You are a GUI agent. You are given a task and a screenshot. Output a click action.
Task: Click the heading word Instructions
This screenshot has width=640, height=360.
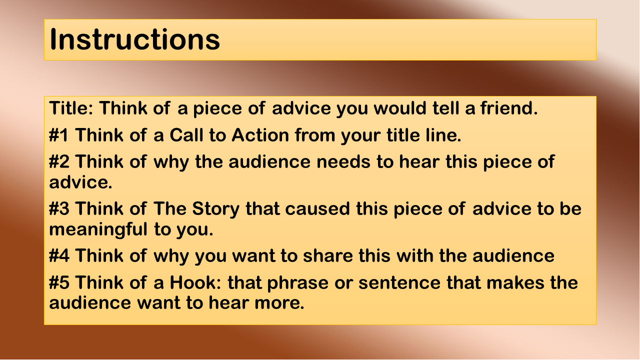134,39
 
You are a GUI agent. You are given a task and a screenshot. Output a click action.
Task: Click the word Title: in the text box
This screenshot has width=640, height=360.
71,108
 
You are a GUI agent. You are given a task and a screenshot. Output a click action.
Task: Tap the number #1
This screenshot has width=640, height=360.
58,135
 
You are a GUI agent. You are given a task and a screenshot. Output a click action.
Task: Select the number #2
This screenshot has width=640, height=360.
59,161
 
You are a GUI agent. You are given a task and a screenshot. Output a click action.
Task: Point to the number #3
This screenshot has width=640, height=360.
59,208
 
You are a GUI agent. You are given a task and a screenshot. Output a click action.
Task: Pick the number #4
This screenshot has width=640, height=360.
59,255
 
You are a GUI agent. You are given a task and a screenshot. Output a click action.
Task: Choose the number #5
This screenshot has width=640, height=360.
59,282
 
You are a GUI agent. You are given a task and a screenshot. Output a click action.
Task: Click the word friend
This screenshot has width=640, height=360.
509,108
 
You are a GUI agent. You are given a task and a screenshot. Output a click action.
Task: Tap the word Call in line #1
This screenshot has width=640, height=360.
186,135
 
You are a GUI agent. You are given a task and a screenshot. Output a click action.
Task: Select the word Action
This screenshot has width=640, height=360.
260,135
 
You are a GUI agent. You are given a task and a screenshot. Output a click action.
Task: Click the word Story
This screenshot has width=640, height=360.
215,209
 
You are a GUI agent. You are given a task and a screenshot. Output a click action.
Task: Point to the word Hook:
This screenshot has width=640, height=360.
195,282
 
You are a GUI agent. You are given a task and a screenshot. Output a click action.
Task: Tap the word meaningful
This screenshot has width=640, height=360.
98,230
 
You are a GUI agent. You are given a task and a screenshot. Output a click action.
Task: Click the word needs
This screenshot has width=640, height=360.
343,161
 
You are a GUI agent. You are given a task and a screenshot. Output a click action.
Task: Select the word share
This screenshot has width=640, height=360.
327,255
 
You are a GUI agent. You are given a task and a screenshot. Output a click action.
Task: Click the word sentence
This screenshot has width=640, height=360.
399,283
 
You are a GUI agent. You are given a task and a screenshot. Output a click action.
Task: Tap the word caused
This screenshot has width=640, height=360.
317,208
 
